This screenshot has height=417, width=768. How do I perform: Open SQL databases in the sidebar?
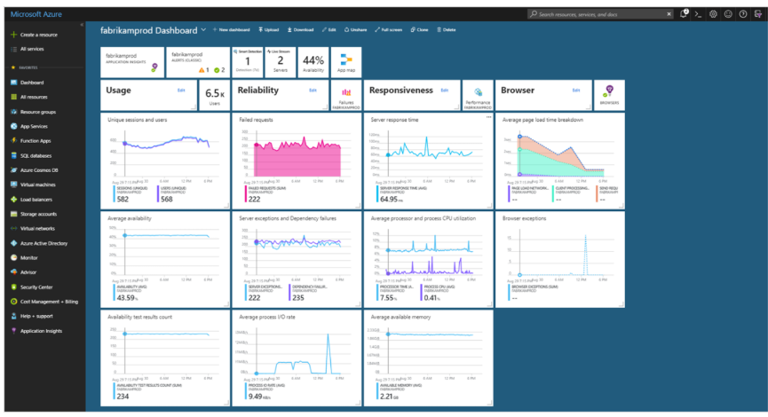[37, 154]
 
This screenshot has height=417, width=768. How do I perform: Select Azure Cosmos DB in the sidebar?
[40, 169]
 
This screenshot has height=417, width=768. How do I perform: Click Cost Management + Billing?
[48, 302]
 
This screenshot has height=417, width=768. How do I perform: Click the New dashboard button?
[233, 30]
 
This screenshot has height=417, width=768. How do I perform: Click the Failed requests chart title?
[257, 119]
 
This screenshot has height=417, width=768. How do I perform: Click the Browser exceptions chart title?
[525, 216]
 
